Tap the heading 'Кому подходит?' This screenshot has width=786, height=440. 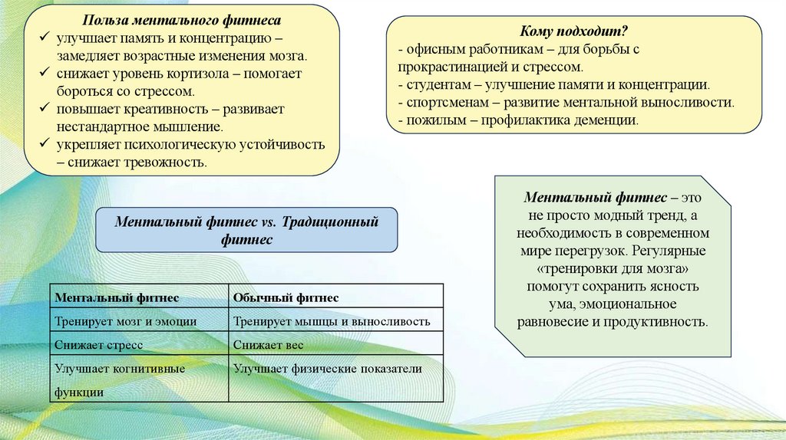574,31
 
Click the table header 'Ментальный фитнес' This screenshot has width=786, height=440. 117,297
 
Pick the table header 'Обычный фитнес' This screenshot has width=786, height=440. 286,297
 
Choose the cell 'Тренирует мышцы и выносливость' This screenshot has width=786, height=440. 332,321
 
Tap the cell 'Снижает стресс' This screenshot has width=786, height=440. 99,345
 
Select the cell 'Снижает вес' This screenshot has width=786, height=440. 269,345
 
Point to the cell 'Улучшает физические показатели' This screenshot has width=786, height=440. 328,369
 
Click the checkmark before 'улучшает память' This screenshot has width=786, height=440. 46,38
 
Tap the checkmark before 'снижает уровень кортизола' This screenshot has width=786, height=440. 46,74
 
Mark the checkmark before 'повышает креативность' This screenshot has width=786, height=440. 46,109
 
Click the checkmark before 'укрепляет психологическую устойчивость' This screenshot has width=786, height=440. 46,144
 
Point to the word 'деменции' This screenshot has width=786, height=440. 610,120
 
